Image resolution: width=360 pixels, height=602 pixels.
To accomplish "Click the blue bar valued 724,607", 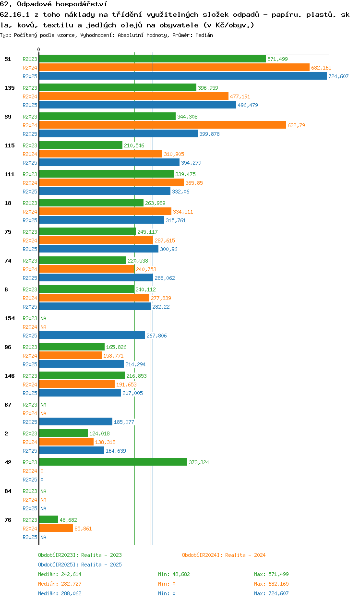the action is pos(183,76).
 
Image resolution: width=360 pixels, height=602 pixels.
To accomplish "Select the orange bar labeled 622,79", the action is pos(163,125).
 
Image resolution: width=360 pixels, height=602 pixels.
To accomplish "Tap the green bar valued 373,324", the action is pos(113,462).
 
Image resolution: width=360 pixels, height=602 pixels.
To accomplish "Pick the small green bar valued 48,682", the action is pos(48,519).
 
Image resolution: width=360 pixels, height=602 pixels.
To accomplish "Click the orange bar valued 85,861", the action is pos(56,528).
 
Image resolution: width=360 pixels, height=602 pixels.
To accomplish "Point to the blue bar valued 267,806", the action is pos(92,335).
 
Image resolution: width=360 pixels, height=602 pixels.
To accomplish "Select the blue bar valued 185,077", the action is pos(76,421).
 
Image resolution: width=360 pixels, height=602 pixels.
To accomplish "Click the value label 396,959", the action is pos(208,88).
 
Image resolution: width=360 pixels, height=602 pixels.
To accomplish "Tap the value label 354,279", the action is pos(191,163).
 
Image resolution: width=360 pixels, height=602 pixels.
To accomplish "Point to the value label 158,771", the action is pos(113,356).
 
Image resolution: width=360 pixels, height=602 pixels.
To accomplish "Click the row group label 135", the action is pos(10,88).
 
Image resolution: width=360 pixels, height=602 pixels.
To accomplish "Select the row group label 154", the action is pos(10,318).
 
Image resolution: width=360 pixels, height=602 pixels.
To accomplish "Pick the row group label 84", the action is pos(8,491).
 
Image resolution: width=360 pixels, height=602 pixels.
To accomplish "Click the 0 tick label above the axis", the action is pos(39,49).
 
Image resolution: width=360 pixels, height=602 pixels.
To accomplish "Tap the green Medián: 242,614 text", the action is pos(60,574).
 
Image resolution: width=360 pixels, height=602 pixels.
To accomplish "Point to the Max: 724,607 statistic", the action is pos(271,593).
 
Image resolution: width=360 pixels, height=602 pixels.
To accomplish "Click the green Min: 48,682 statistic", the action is pos(174,574).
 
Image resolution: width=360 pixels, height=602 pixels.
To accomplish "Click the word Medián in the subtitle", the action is pos(204,35).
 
